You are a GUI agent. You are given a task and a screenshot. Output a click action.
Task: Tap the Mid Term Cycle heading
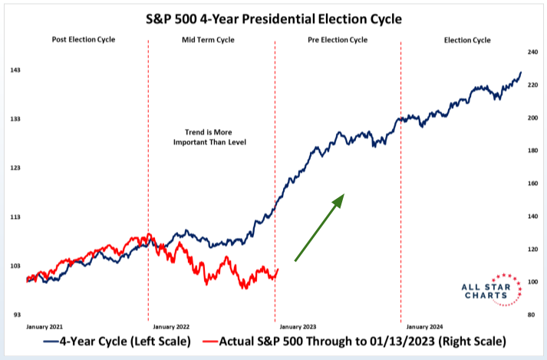click(x=209, y=39)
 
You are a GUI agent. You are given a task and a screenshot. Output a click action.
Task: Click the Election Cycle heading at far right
click(x=466, y=39)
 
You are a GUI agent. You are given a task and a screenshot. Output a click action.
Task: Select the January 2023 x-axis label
click(x=301, y=326)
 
